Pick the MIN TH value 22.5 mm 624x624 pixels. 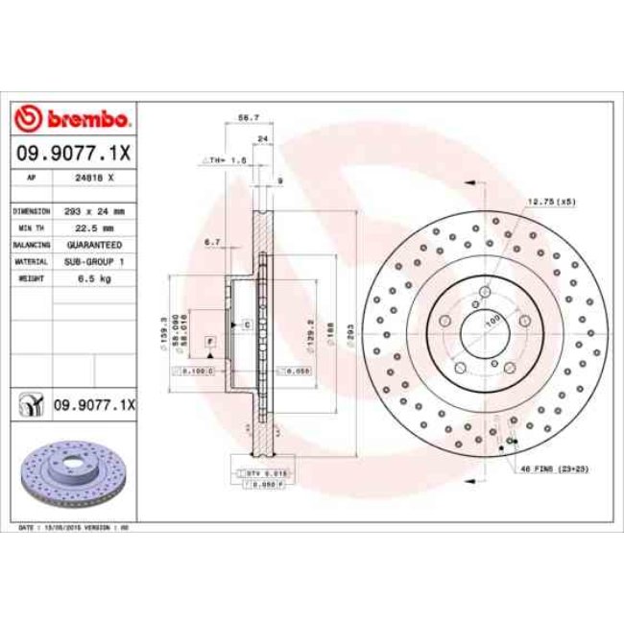coord(94,228)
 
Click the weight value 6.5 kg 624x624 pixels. coord(94,278)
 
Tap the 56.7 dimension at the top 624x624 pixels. coord(248,117)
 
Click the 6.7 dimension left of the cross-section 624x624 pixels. coord(212,244)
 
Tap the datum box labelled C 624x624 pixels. coord(247,325)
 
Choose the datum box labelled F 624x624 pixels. coord(208,341)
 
